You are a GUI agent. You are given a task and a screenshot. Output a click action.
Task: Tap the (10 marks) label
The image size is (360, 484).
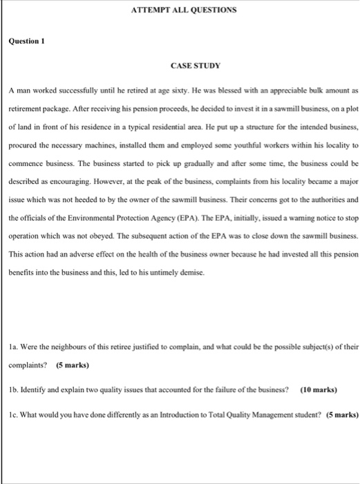click(319, 389)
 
